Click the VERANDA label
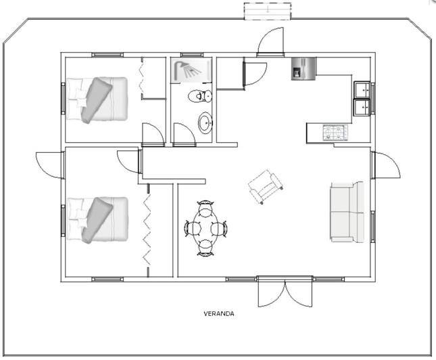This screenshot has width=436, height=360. [x=219, y=314]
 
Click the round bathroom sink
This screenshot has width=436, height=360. [x=204, y=122]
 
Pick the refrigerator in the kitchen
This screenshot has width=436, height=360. [x=300, y=69]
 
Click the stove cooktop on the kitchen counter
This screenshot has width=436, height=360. [x=335, y=131]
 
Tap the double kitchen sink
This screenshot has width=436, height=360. [x=362, y=97]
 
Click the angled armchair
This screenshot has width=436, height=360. [x=266, y=186]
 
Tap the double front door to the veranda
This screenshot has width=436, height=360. [x=285, y=292]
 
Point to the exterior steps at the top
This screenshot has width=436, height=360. [x=268, y=11]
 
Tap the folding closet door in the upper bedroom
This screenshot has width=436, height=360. [x=142, y=78]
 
